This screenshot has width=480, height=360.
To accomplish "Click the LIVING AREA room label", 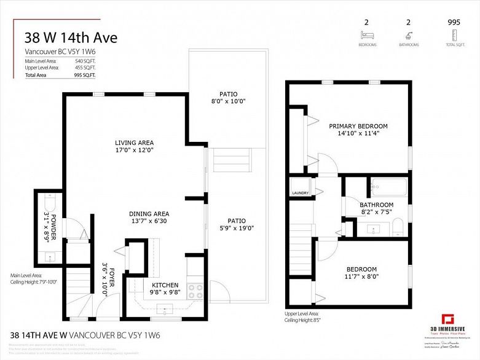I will click(x=134, y=142).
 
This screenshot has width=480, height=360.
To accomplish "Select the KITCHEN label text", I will click(x=165, y=285).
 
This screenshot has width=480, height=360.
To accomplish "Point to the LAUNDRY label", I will click(x=300, y=194).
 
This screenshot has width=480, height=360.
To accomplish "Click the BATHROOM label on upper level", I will click(x=376, y=205).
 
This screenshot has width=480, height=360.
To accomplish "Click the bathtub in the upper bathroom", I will click(x=388, y=186).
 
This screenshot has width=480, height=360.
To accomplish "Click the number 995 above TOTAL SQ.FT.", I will click(x=455, y=22).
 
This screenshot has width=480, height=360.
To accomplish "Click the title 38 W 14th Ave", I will click(x=71, y=37).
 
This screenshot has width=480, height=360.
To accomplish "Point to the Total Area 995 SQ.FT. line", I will click(x=60, y=75).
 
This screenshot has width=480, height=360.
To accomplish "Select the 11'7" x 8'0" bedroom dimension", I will click(x=361, y=277).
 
